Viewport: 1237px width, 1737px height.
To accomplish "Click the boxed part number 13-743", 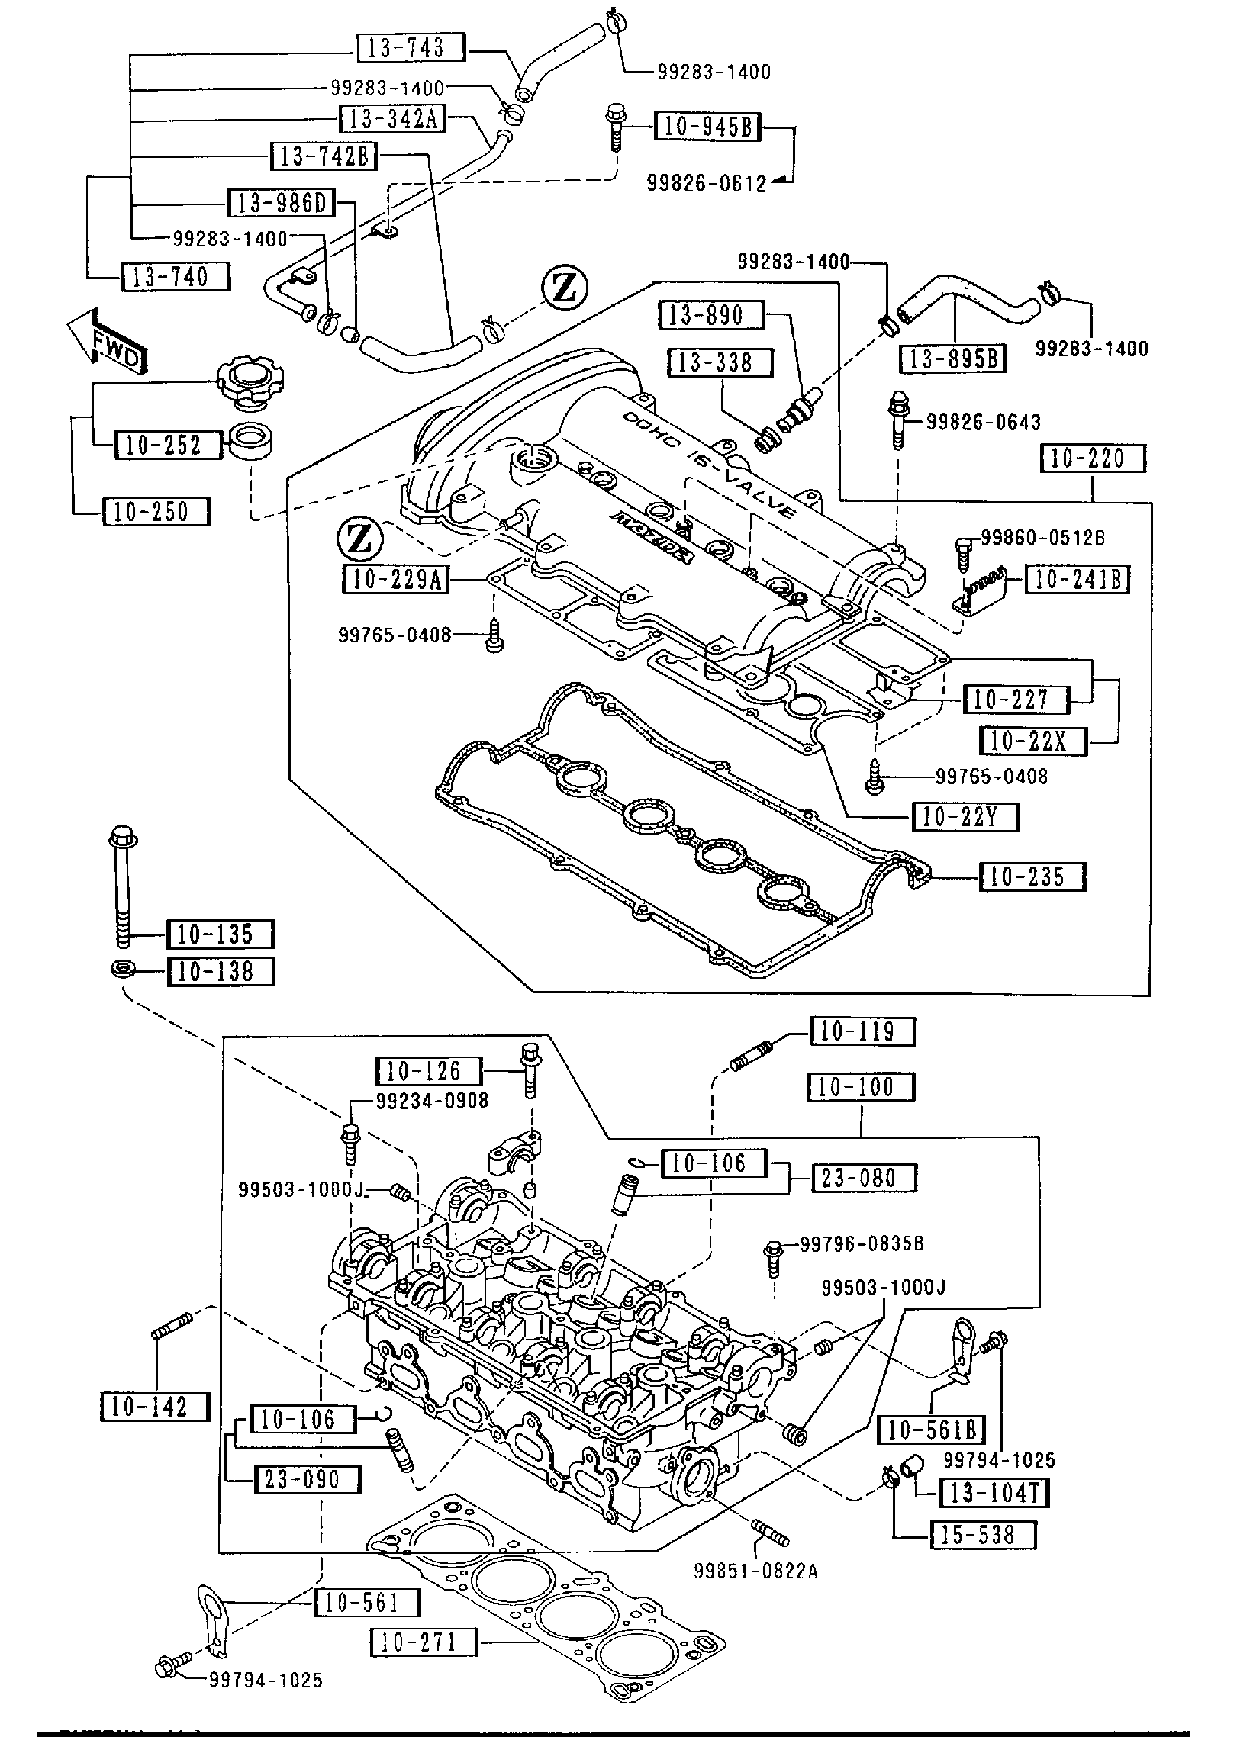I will tap(411, 49).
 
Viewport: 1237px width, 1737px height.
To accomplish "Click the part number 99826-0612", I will tap(707, 184).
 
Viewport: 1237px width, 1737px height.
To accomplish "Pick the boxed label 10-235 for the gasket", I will tap(1032, 877).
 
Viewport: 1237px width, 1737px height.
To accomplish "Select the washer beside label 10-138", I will tap(124, 970).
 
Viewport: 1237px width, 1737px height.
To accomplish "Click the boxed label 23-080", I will tap(863, 1178).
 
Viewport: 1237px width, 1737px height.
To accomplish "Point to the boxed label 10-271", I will tap(424, 1641).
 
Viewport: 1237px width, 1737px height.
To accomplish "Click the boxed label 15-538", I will tap(984, 1534).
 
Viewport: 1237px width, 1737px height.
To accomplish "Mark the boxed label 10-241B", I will tap(1077, 580).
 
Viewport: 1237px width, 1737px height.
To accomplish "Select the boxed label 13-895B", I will tap(953, 359).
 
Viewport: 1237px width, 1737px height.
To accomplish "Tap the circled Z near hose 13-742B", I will tap(565, 288).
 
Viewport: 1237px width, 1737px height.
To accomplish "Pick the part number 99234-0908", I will tap(432, 1100).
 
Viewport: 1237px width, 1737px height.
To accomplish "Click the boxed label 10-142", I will tap(155, 1407).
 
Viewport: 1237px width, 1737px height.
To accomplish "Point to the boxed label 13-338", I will tap(720, 362).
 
